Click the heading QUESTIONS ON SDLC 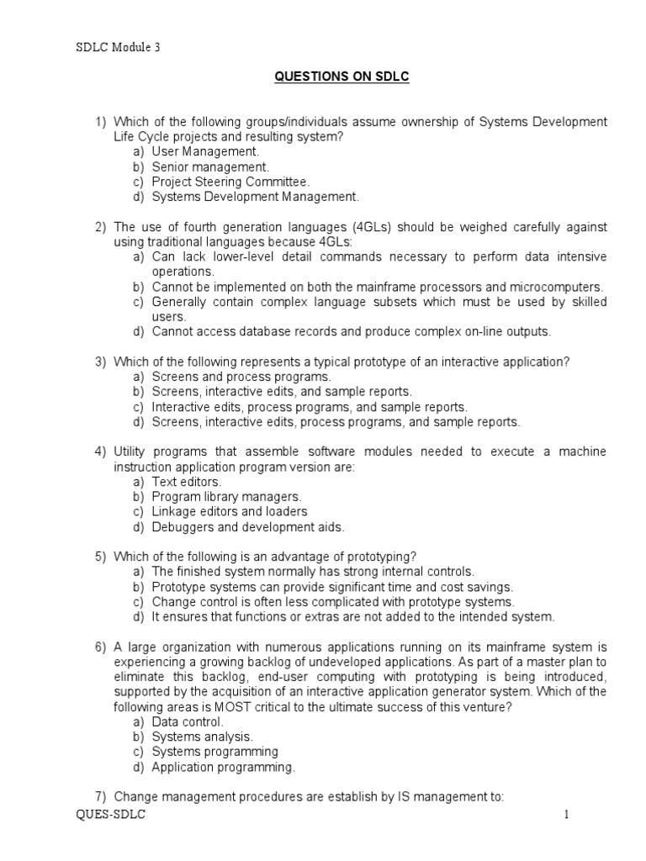342,77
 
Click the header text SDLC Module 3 117,48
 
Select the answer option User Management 205,151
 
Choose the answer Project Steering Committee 230,182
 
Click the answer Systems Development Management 255,197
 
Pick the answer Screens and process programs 241,378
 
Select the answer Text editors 186,482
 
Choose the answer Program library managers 226,497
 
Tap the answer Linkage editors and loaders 230,512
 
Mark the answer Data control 188,721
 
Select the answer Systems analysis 202,737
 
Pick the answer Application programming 223,767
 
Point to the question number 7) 100,797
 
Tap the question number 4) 100,452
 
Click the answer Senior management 210,166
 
